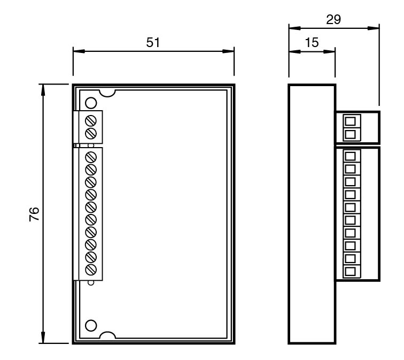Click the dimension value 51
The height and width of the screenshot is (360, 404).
[153, 43]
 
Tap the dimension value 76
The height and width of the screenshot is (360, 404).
[33, 214]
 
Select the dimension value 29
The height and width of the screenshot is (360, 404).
[334, 19]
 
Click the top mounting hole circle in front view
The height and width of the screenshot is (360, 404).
[90, 102]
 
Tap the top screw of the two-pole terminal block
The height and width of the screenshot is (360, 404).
[91, 118]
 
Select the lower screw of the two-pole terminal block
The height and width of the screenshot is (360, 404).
[91, 132]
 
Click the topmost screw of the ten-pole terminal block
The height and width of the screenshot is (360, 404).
[91, 157]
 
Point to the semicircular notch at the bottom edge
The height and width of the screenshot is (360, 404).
[108, 335]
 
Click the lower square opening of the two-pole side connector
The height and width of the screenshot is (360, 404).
[350, 134]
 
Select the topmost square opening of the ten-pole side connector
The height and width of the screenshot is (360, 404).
[350, 157]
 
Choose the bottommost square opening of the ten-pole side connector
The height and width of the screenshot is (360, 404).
[350, 272]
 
